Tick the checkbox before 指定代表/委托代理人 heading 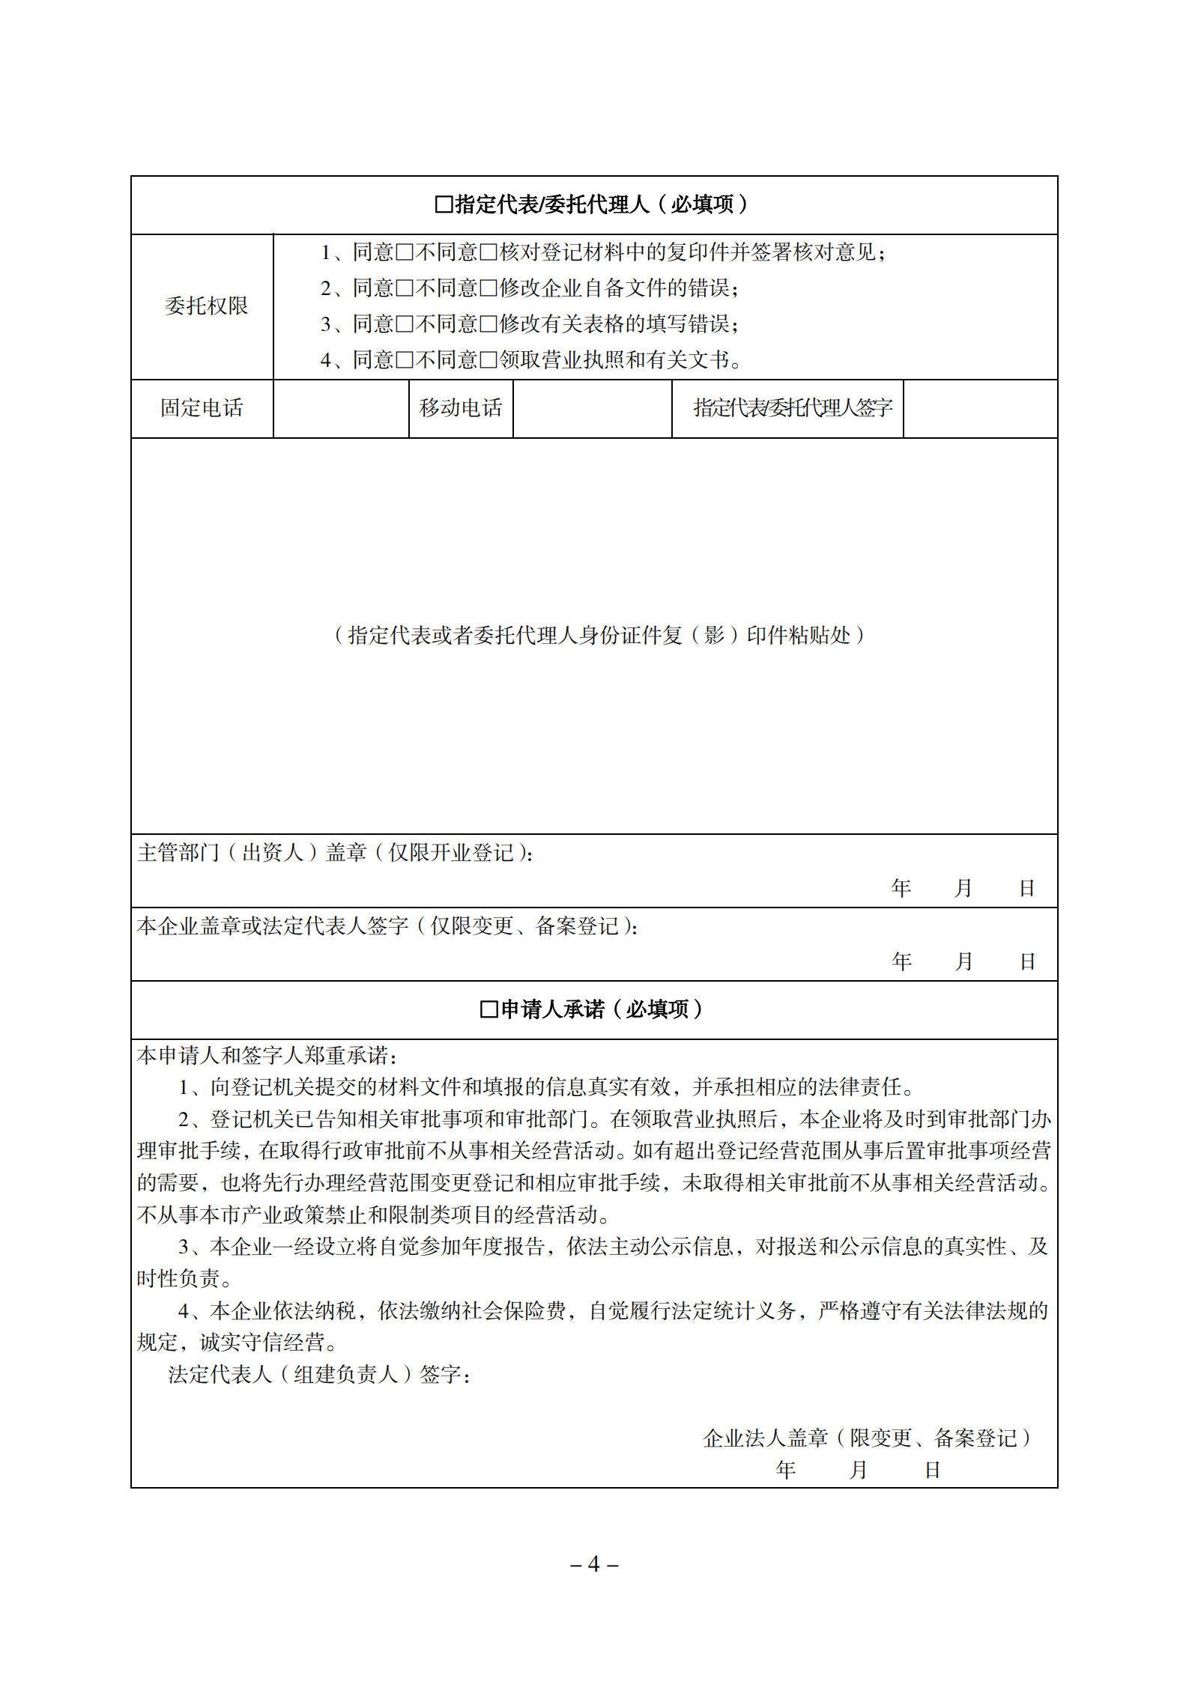444,204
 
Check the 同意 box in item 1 405,252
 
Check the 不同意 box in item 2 488,288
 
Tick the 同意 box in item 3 405,324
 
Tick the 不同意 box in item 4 488,360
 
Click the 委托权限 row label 206,306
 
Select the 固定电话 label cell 202,408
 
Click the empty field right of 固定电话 341,409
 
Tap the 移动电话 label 461,408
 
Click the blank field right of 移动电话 592,409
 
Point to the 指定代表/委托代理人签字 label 793,408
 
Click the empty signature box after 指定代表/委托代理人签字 980,409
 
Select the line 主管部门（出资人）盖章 335,852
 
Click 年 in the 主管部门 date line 901,888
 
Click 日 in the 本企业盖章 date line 1027,961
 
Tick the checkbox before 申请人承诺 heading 488,1009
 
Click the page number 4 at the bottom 594,1564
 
